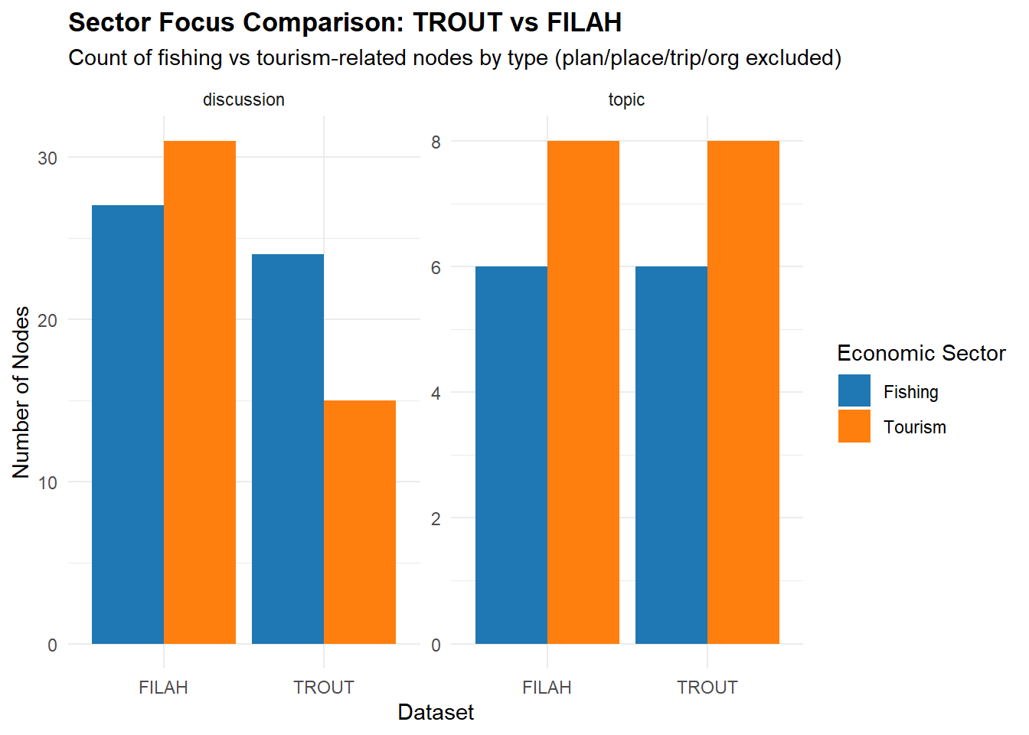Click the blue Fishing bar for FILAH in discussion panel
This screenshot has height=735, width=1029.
[128, 425]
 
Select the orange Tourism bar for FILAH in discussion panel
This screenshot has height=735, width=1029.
[200, 392]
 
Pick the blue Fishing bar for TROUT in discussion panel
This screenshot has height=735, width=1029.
[288, 449]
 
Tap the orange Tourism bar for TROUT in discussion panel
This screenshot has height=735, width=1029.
[360, 522]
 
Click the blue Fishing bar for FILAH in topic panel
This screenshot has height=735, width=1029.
[511, 456]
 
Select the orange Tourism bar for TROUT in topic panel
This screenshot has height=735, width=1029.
[743, 392]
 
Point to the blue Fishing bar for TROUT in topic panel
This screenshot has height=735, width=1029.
[671, 456]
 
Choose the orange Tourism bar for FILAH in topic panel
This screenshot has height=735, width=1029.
[583, 392]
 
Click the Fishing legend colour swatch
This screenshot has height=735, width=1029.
[854, 391]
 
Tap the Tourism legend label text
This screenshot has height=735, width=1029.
[915, 427]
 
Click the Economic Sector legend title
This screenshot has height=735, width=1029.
[921, 353]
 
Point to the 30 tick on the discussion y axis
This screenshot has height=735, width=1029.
[47, 158]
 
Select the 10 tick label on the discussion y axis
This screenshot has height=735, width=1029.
[47, 482]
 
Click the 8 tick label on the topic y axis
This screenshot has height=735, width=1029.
[436, 142]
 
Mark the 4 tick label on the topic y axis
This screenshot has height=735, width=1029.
[436, 394]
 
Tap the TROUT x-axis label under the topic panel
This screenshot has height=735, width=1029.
[707, 688]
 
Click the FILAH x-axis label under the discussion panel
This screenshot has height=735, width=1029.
[163, 688]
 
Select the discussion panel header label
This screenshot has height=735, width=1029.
[243, 100]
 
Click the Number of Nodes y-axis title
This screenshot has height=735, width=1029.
[21, 392]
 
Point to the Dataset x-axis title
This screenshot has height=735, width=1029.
[436, 713]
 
